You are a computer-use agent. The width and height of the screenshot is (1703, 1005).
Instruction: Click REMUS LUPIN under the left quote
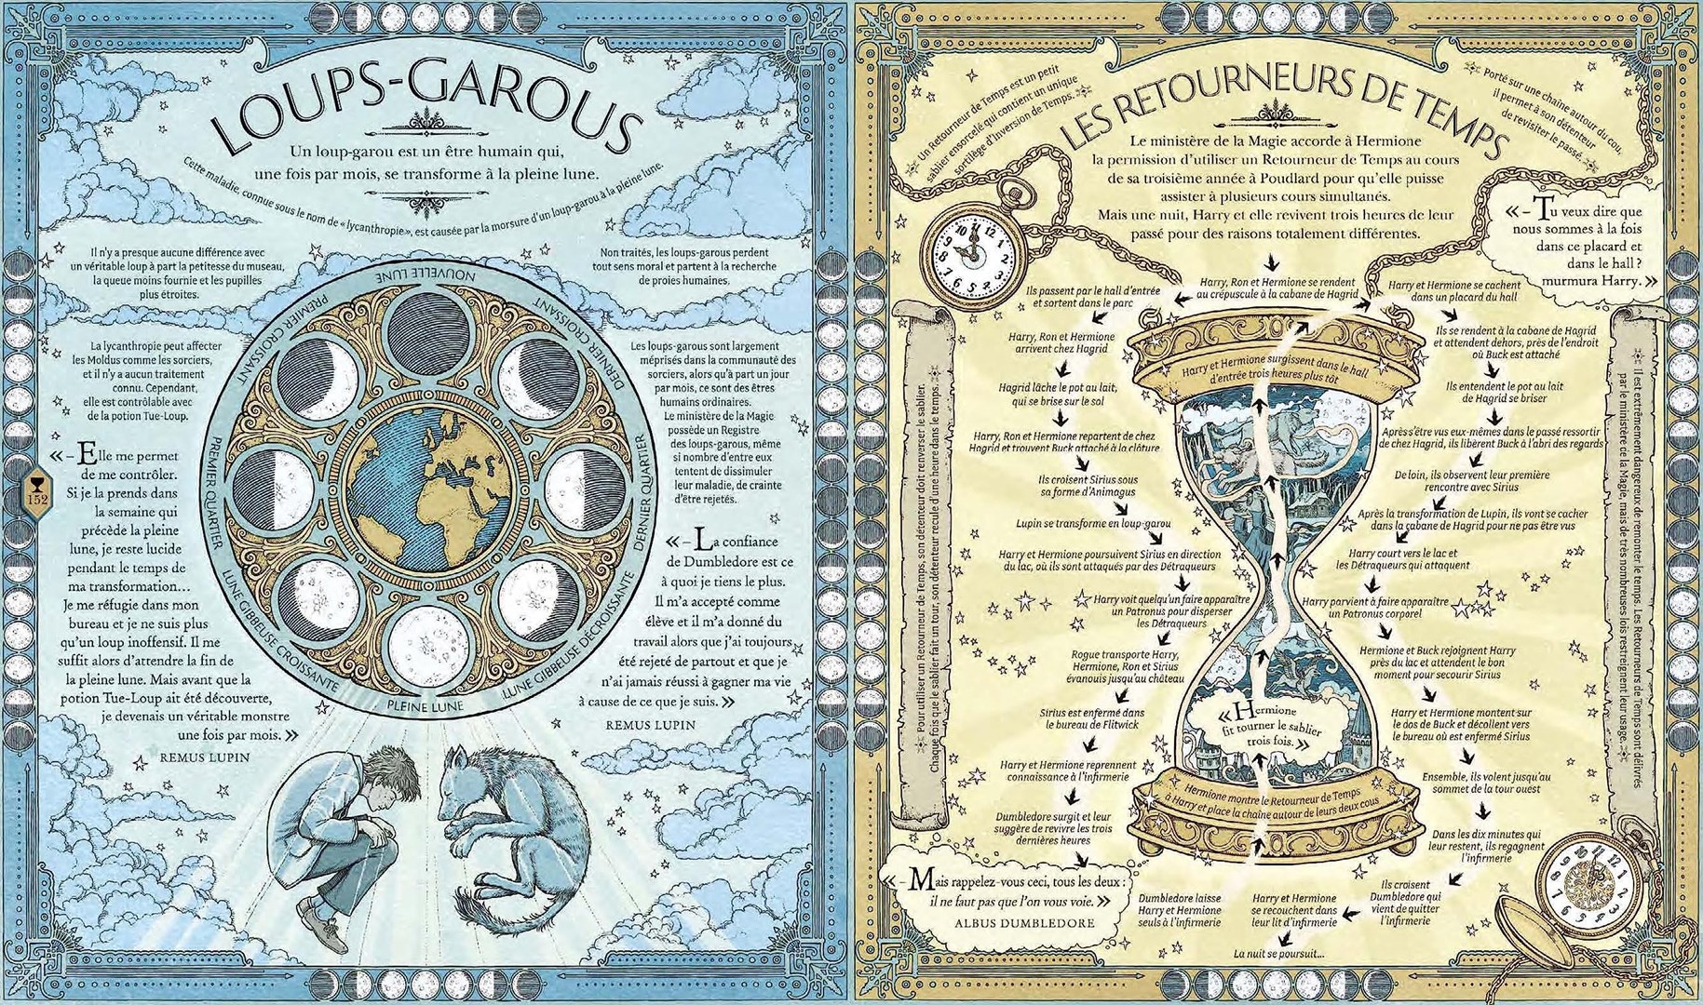coord(205,757)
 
